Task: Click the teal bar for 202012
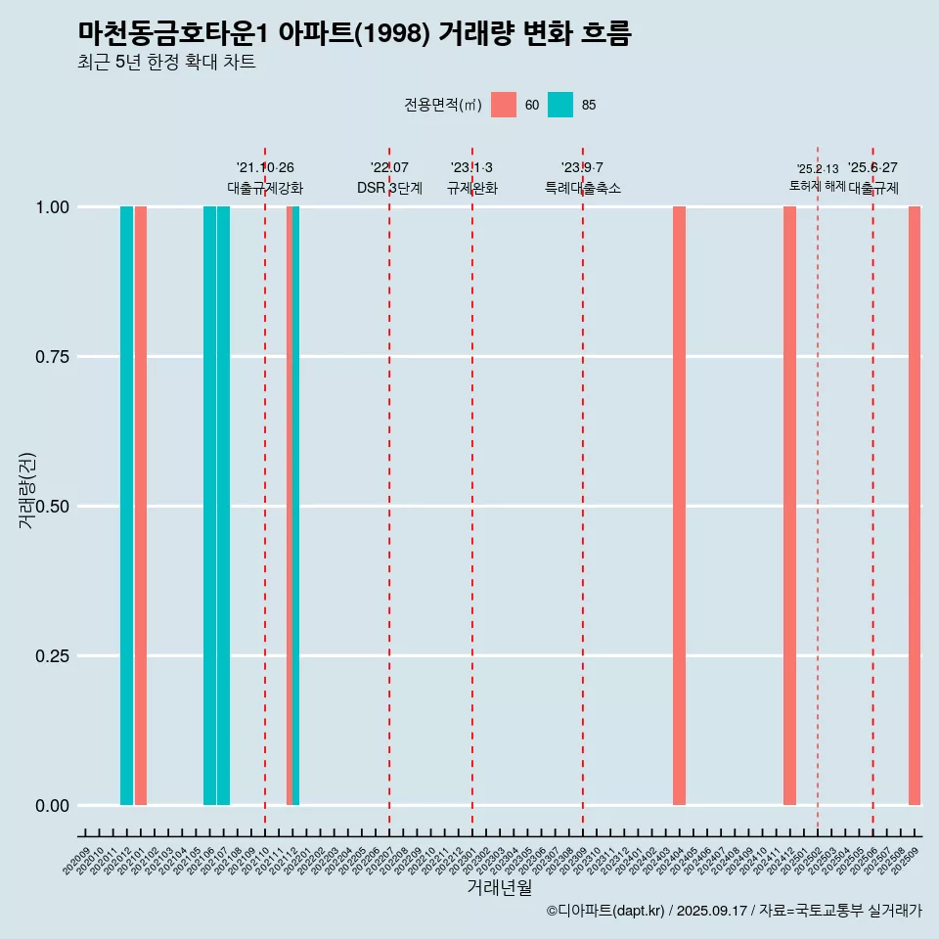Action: pos(126,506)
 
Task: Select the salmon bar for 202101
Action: pos(141,506)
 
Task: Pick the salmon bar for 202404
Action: pos(679,506)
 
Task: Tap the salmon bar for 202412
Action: pos(789,506)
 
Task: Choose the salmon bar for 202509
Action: pos(915,506)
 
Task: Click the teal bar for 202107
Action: pos(224,506)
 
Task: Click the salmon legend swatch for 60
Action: pos(504,105)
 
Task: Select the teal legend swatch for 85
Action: pos(560,105)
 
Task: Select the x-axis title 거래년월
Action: pos(500,888)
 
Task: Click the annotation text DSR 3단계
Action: pos(389,188)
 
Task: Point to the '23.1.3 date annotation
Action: pos(471,167)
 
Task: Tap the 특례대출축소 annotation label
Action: pos(583,188)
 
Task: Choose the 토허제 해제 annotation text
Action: pos(818,186)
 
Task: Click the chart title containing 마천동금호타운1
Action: pos(355,34)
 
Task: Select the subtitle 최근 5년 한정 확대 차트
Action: pos(166,63)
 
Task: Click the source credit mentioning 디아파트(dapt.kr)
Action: pos(734,911)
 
